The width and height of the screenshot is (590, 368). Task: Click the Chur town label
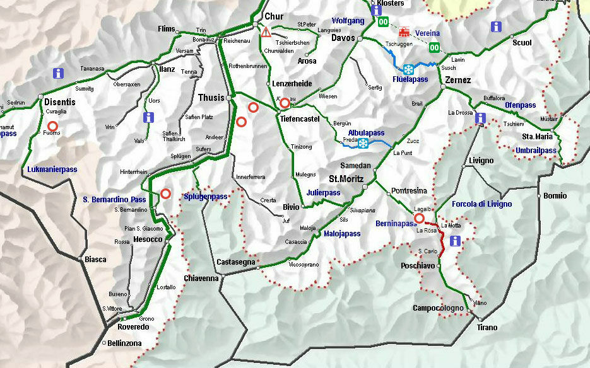pyautogui.click(x=274, y=16)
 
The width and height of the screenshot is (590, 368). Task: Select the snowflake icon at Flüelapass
pyautogui.click(x=408, y=69)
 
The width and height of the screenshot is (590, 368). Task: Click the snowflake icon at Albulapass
pyautogui.click(x=363, y=144)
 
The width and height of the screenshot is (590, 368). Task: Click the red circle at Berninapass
pyautogui.click(x=419, y=219)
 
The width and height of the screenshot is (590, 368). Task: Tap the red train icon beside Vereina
pyautogui.click(x=404, y=32)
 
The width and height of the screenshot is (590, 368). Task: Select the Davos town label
pyautogui.click(x=343, y=38)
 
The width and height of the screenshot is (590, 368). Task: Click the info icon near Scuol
pyautogui.click(x=497, y=26)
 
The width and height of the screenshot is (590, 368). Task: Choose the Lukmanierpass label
pyautogui.click(x=52, y=170)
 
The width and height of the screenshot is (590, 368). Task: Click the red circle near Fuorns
pyautogui.click(x=53, y=126)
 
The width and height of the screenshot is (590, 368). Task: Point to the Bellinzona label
pyautogui.click(x=124, y=343)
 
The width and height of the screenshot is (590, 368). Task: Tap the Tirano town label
pyautogui.click(x=487, y=328)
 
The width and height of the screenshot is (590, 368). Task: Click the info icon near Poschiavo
pyautogui.click(x=454, y=241)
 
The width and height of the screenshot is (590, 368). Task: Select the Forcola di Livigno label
pyautogui.click(x=481, y=204)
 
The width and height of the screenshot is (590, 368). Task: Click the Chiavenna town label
pyautogui.click(x=201, y=278)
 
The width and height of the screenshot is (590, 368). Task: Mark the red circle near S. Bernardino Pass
pyautogui.click(x=165, y=194)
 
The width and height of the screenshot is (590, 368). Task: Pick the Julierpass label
pyautogui.click(x=324, y=193)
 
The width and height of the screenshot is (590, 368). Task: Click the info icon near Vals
pyautogui.click(x=148, y=117)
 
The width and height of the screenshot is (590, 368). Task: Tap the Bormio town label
pyautogui.click(x=555, y=196)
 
